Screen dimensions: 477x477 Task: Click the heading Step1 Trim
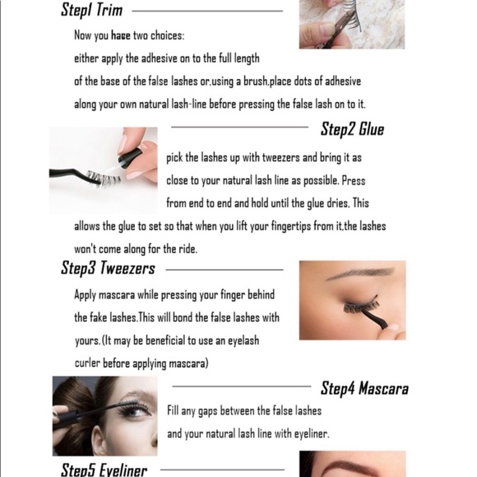pos(91,11)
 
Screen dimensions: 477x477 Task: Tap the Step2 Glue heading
pos(352,129)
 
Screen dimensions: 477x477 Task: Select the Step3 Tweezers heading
pos(108,268)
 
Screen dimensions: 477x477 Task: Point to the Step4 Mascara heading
pos(364,388)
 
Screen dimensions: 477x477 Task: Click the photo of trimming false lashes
pos(351,24)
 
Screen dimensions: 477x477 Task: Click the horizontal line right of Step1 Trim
pos(206,12)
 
